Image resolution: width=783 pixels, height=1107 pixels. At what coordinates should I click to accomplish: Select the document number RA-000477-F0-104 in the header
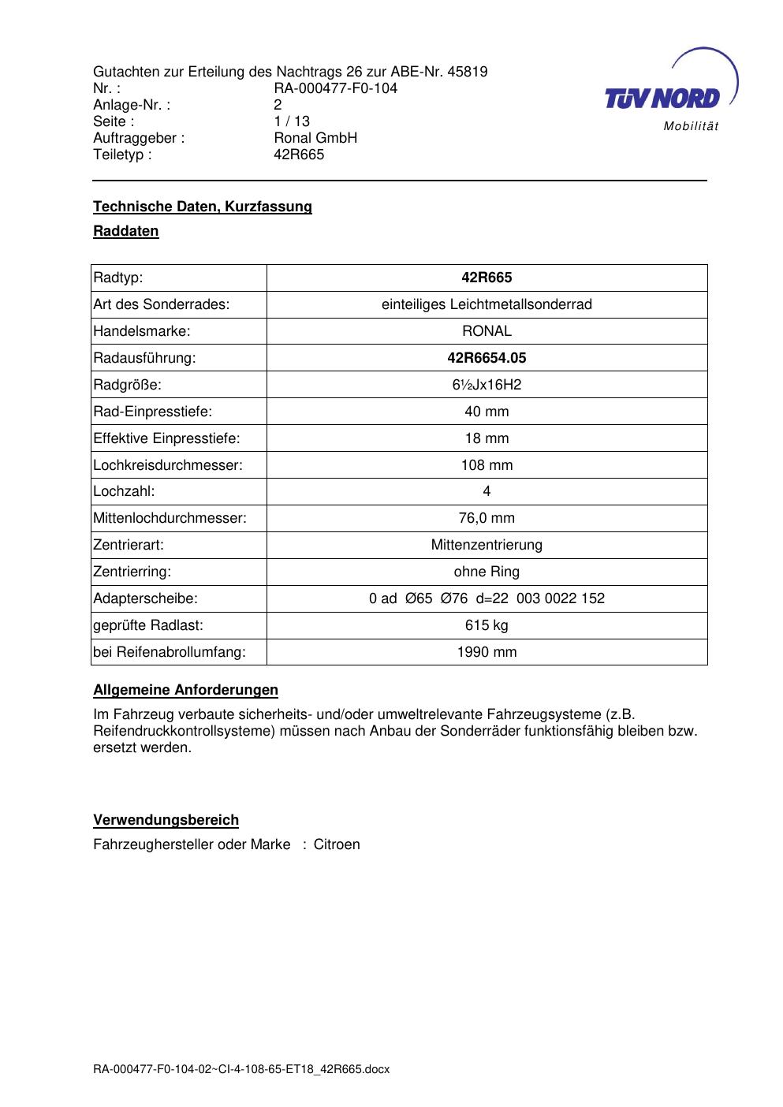pos(335,88)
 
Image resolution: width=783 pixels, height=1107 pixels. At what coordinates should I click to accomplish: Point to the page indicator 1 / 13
pos(292,121)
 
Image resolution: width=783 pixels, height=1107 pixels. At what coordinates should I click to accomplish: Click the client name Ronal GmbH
pos(315,138)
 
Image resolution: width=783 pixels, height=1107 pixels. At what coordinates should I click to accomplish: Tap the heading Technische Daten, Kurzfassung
pos(203,207)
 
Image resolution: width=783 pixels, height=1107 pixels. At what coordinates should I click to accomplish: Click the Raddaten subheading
pos(126,231)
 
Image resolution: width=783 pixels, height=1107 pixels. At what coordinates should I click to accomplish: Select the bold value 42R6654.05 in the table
pos(487,358)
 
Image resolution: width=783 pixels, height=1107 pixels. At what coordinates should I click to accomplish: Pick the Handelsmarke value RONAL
pos(487,331)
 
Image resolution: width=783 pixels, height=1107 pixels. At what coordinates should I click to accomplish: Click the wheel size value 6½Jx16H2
pos(487,385)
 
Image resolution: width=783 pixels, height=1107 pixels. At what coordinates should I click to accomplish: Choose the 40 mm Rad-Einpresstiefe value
pos(487,412)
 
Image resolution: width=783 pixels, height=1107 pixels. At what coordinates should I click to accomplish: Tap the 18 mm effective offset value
pos(487,438)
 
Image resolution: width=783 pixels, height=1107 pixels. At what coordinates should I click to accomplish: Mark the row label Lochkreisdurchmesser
pos(168,465)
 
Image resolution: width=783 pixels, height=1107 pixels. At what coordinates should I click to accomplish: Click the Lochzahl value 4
pos(487,491)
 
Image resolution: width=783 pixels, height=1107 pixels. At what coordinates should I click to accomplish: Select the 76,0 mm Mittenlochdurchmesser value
pos(487,518)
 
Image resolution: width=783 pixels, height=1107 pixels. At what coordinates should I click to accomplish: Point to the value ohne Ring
pos(487,572)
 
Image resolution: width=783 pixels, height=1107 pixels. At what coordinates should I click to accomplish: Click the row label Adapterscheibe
pos(145,598)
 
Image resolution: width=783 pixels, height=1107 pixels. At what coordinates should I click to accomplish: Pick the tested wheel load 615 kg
pos(487,625)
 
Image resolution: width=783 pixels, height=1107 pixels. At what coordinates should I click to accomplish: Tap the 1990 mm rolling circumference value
pos(487,652)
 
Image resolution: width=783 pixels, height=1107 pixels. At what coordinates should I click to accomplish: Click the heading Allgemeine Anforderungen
pos(186,690)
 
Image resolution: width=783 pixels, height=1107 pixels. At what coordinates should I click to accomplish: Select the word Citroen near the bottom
pos(337,844)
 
